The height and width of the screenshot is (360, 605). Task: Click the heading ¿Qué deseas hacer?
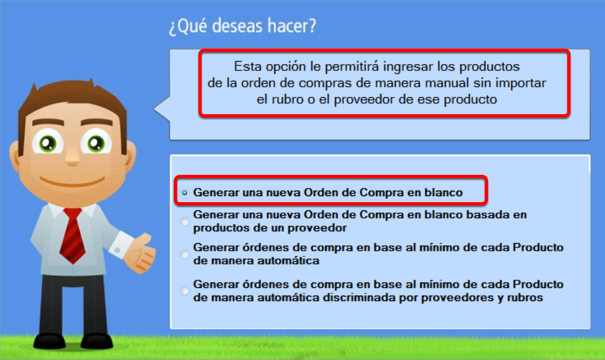[242, 26]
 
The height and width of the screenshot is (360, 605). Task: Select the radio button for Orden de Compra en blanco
[185, 192]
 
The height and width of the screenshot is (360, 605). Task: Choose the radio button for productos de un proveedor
[185, 221]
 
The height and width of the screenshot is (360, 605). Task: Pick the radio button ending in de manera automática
[185, 254]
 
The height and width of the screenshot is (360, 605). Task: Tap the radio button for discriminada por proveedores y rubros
[185, 291]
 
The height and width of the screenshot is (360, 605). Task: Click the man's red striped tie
[73, 235]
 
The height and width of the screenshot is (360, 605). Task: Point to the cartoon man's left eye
[48, 143]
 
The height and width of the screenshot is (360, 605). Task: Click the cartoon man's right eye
[96, 143]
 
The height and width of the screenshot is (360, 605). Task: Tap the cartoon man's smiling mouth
[73, 181]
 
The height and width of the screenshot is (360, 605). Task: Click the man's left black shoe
[49, 341]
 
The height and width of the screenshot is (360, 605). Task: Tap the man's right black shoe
[96, 341]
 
